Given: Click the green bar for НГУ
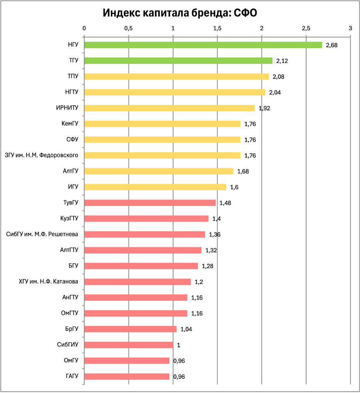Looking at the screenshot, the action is click(203, 45).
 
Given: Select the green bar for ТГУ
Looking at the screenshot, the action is click(178, 61).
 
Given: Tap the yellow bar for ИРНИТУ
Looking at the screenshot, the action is click(170, 108).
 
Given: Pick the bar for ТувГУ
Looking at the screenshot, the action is click(150, 203).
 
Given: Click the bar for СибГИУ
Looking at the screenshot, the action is click(128, 345).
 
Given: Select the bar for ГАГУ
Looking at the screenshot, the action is click(127, 376).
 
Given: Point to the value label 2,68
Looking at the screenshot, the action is click(332, 45).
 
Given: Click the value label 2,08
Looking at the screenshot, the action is click(278, 77).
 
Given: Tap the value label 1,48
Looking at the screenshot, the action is click(225, 203).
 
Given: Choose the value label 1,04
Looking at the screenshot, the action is click(186, 329).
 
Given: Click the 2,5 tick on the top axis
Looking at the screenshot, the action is click(306, 28).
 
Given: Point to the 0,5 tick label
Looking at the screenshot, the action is click(128, 28).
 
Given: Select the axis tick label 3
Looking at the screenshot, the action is click(350, 28).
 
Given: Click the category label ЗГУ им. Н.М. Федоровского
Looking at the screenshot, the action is click(42, 155).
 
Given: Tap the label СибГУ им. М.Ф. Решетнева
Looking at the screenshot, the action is click(42, 234).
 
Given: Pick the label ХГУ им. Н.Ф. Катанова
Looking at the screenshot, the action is click(48, 282).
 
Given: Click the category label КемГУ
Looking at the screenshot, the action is click(70, 124).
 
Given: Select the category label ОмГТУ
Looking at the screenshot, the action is click(70, 313).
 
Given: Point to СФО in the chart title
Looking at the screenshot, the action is click(246, 13).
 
